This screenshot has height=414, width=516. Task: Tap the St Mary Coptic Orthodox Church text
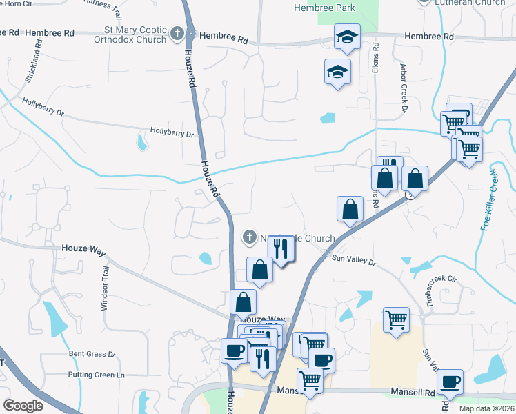pos(136,34)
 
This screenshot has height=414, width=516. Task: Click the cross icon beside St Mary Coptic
pos(177,33)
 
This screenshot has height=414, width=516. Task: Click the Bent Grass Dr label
pos(92,354)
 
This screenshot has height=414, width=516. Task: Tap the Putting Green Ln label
pos(96,375)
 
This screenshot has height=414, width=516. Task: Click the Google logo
pos(23,406)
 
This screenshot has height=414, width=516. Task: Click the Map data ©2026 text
pos(486,408)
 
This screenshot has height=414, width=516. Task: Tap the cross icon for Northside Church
pos(249,238)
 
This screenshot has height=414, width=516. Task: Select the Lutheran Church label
pos(470,3)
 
